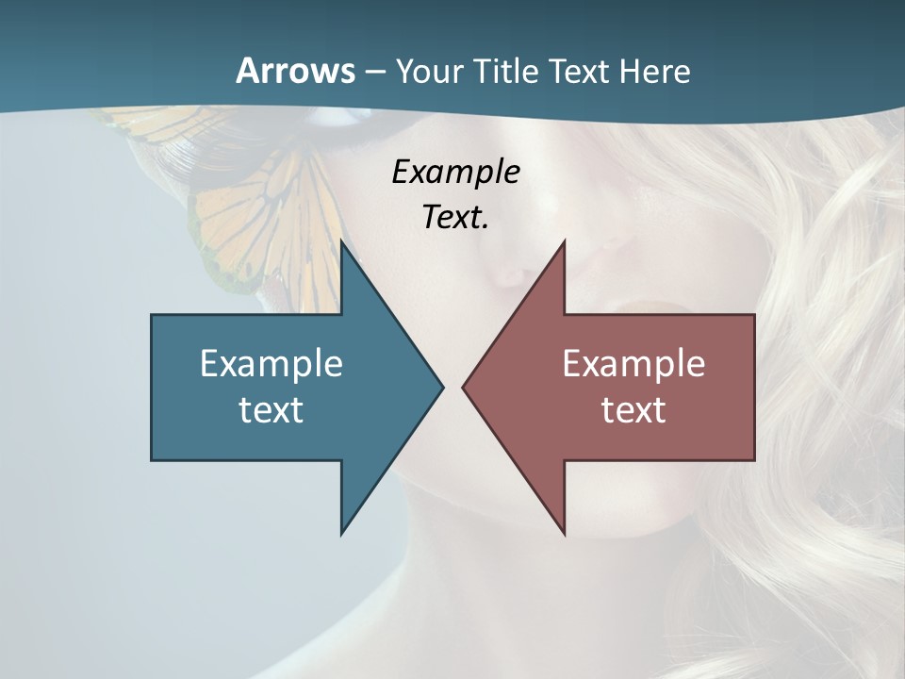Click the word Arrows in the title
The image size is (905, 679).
[294, 71]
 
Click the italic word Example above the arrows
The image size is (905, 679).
[455, 172]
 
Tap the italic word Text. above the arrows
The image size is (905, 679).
[455, 218]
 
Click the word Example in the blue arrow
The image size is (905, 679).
[271, 363]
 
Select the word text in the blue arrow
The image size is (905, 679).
[271, 409]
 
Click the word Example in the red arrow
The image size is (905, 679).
[633, 363]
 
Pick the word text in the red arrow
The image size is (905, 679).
[633, 409]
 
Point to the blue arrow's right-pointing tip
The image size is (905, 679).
[441, 387]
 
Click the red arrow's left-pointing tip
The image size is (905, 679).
[464, 387]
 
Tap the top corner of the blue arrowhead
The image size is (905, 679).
[342, 242]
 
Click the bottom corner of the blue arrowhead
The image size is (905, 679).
[342, 533]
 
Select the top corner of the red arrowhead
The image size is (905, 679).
[564, 242]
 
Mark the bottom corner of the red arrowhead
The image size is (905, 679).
[564, 533]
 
